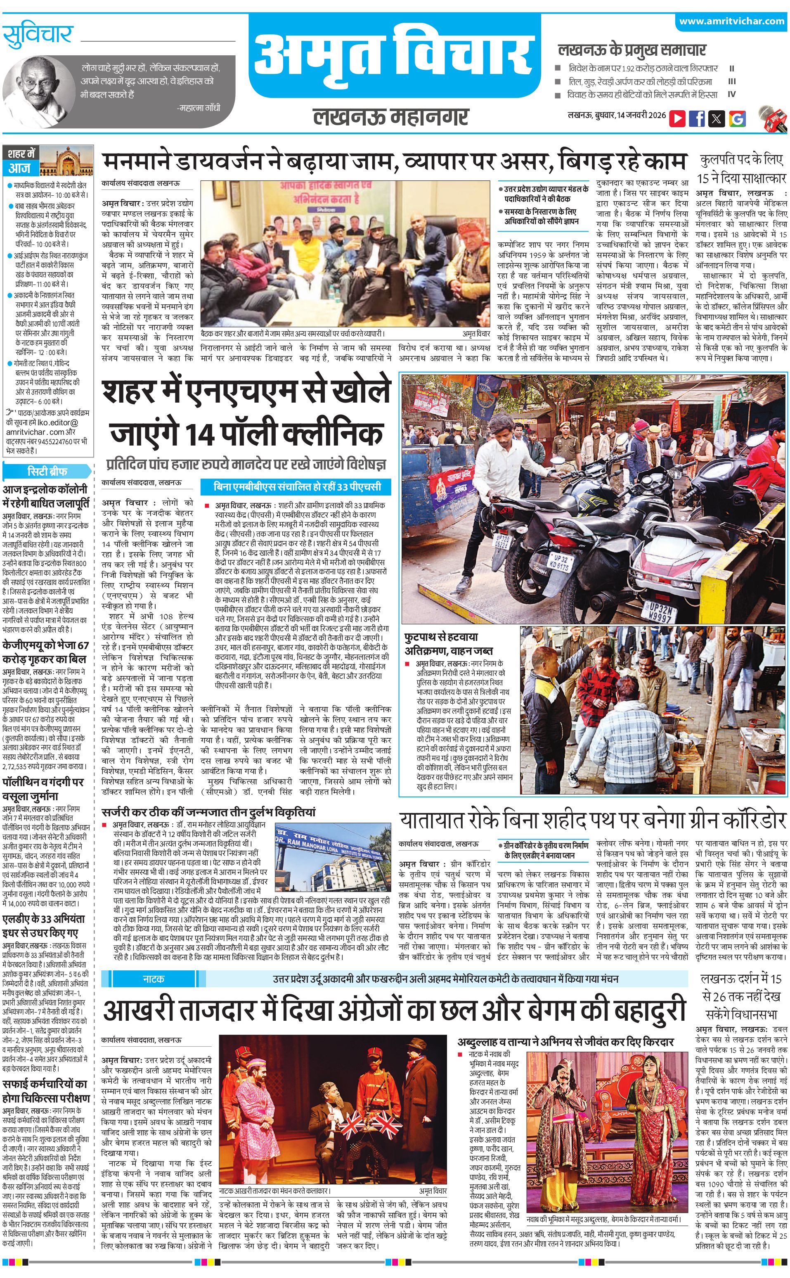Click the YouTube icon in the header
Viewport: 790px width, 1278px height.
[677, 118]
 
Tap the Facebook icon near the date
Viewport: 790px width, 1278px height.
[696, 118]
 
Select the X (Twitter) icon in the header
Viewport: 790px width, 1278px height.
[717, 118]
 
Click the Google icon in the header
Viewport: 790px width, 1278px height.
[737, 118]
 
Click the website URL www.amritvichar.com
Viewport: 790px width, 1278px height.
[731, 21]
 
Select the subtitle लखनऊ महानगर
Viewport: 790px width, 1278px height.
[391, 116]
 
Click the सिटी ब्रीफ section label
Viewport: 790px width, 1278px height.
[47, 471]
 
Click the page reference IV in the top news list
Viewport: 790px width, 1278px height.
[731, 95]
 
